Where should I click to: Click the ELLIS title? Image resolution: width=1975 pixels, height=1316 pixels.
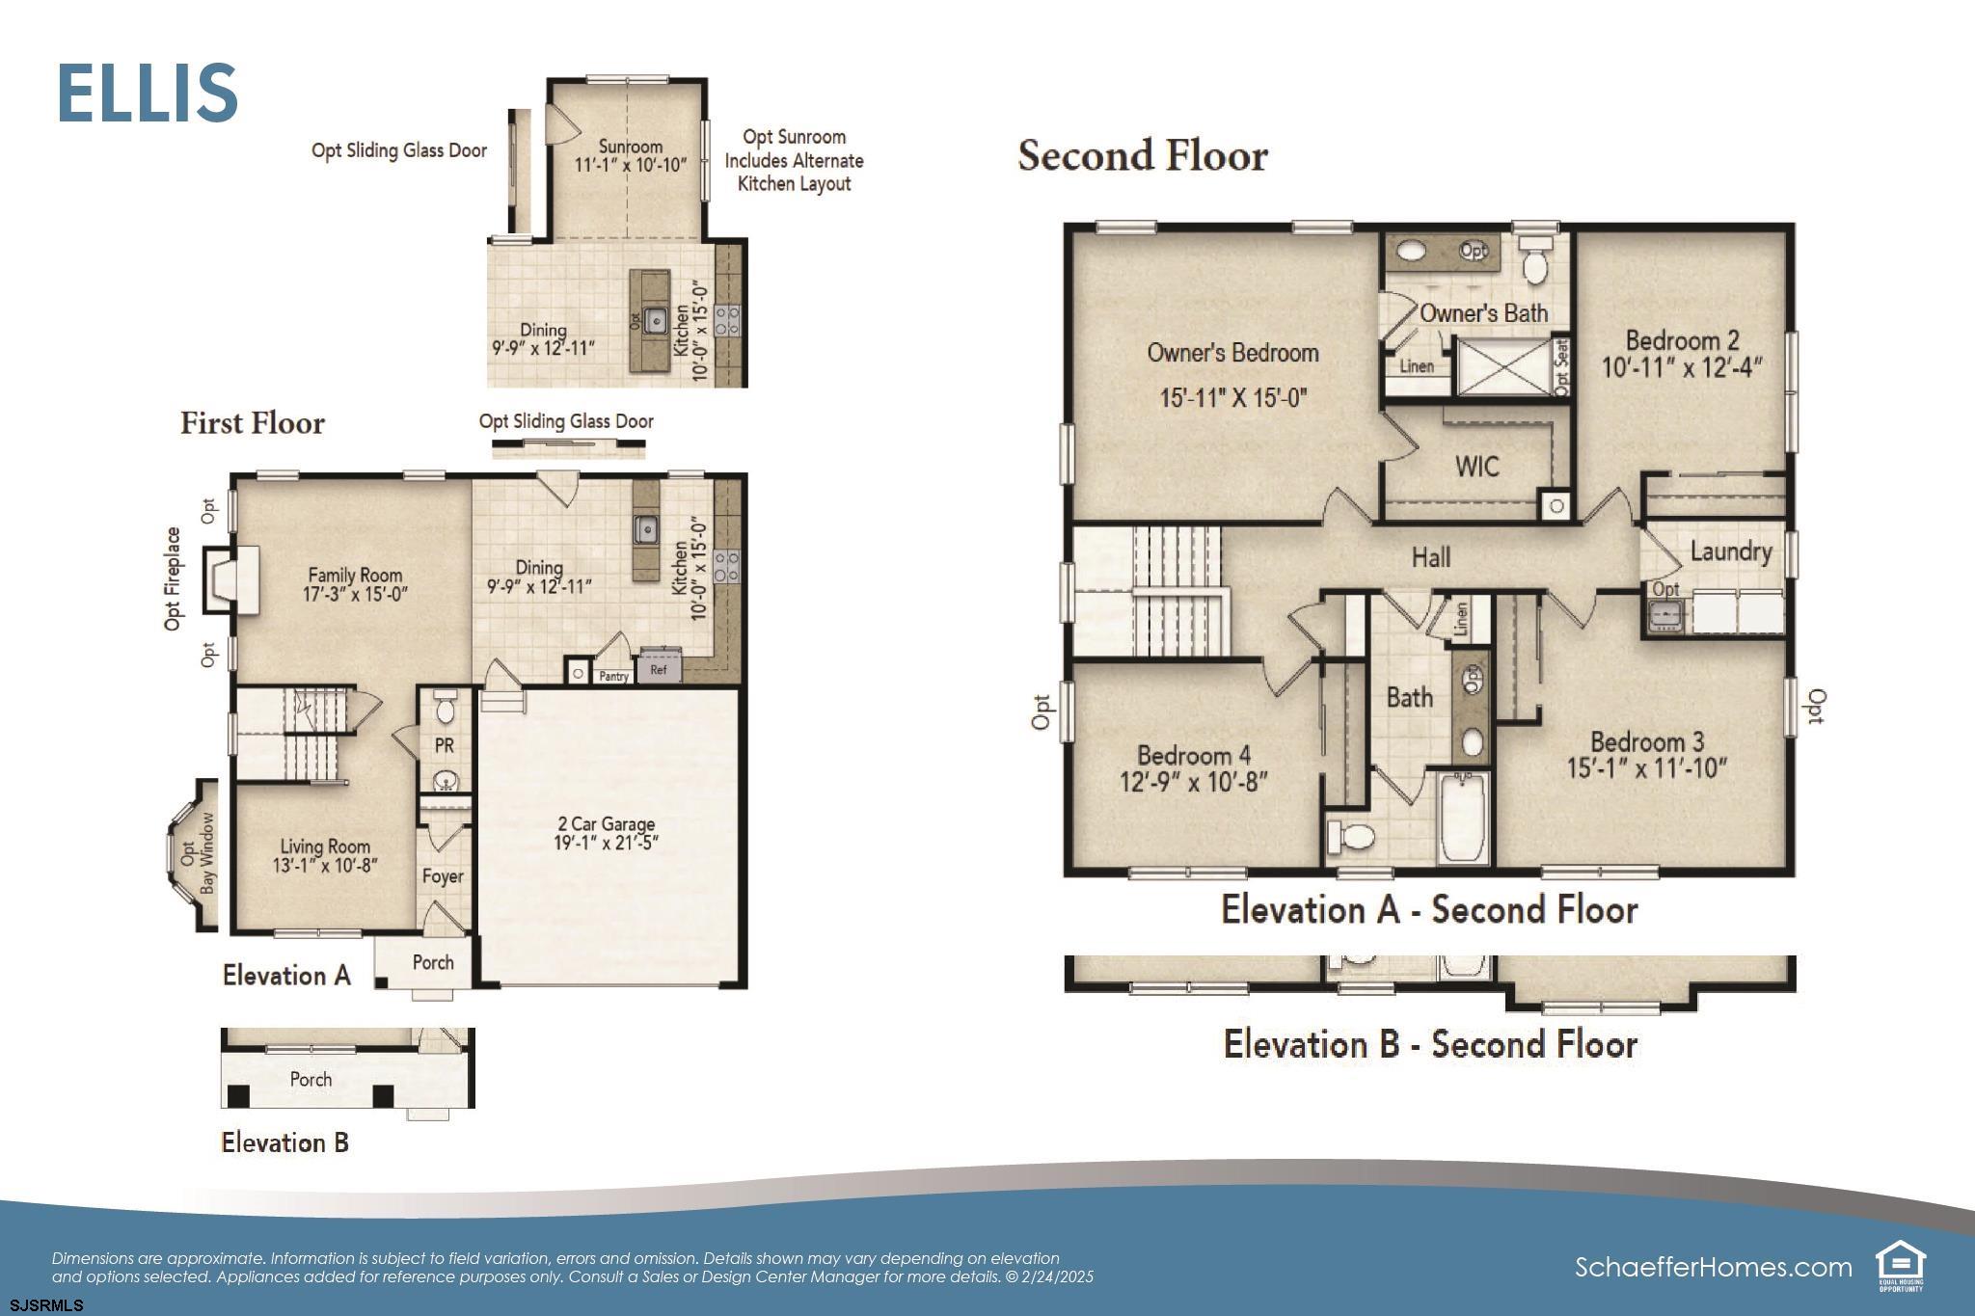click(x=148, y=93)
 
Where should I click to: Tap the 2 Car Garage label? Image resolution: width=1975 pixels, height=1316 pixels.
click(x=607, y=824)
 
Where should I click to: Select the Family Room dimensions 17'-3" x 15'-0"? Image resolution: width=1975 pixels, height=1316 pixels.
click(x=356, y=595)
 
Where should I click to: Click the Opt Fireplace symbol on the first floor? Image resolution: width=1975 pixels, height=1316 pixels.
click(x=231, y=579)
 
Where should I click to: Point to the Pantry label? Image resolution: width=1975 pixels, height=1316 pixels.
click(x=614, y=676)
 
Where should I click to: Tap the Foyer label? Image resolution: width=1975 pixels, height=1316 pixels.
click(x=443, y=876)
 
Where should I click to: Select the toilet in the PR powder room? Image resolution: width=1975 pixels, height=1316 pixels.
click(x=445, y=709)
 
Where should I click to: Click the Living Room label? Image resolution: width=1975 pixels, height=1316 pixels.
click(x=325, y=847)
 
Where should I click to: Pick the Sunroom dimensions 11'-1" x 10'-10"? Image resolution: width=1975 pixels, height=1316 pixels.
click(x=631, y=164)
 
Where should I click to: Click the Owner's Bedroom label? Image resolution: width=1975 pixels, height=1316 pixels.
click(x=1232, y=353)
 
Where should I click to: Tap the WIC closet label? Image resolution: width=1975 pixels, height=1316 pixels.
click(x=1476, y=467)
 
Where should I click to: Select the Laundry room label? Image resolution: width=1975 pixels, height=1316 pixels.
click(x=1731, y=551)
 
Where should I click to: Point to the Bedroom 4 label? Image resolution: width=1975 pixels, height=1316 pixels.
click(x=1194, y=755)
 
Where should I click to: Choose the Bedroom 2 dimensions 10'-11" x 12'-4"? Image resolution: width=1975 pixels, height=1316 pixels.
click(x=1682, y=367)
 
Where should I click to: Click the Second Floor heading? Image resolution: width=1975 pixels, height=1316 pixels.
click(x=1143, y=155)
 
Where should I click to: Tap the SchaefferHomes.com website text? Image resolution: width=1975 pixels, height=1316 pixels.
click(x=1714, y=1267)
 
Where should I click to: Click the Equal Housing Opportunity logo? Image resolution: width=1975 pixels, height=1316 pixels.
click(x=1900, y=1266)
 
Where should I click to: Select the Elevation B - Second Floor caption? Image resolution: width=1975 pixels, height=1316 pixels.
click(x=1430, y=1044)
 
